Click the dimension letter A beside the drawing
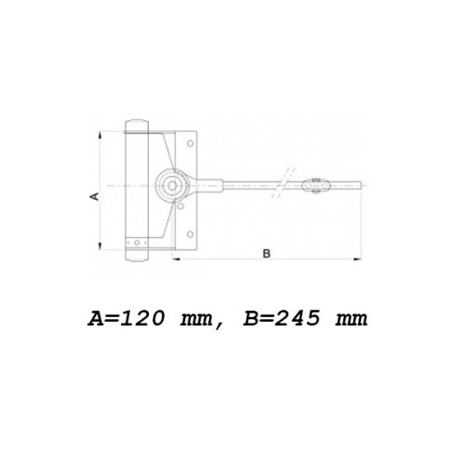pos(94,197)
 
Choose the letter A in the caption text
pos(96,318)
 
